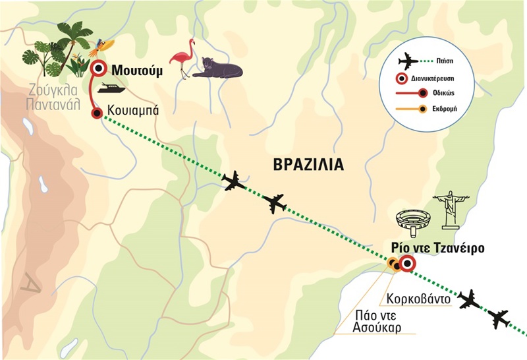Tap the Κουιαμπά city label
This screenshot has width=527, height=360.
coord(131,111)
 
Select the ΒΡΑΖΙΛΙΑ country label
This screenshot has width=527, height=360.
coord(308,164)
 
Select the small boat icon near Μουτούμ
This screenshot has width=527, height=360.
coord(109,89)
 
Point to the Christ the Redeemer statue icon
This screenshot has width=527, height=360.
coord(451,210)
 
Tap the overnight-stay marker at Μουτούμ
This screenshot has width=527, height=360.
coord(99,68)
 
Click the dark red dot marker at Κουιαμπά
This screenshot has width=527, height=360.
coord(97,113)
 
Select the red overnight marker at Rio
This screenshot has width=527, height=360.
coord(406,264)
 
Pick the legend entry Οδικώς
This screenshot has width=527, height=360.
coord(463,92)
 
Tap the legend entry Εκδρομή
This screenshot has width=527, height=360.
coord(463,108)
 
